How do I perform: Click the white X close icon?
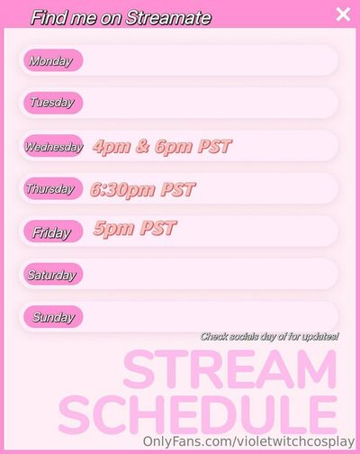[x=343, y=14]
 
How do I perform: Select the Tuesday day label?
[x=53, y=103]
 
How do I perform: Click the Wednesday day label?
[x=53, y=146]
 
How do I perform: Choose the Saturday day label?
[x=53, y=274]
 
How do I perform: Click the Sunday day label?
[x=53, y=317]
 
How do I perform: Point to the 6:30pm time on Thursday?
[x=122, y=190]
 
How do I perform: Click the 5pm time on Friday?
[x=113, y=229]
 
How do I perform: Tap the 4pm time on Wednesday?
[x=112, y=147]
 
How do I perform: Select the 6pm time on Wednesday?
[x=174, y=147]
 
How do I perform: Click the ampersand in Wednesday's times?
[x=143, y=146]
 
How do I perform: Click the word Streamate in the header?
[x=168, y=17]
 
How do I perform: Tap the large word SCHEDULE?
[x=198, y=414]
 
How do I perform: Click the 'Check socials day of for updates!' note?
[x=269, y=337]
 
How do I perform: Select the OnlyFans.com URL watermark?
[x=248, y=441]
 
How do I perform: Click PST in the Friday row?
[x=158, y=228]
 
